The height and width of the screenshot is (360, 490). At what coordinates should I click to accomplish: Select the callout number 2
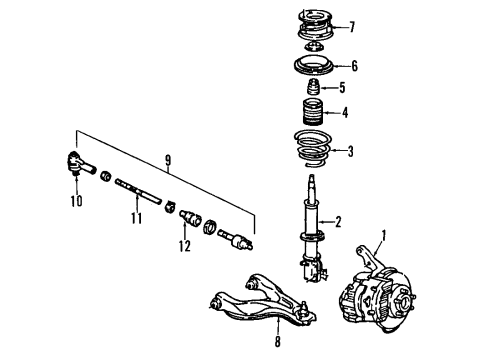pyautogui.click(x=338, y=222)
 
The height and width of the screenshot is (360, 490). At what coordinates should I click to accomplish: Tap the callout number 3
pyautogui.click(x=350, y=152)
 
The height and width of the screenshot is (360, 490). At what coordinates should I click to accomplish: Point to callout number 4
pyautogui.click(x=345, y=113)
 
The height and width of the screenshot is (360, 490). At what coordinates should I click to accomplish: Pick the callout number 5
pyautogui.click(x=341, y=86)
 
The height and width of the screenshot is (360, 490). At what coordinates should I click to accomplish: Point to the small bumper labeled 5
pyautogui.click(x=310, y=87)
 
